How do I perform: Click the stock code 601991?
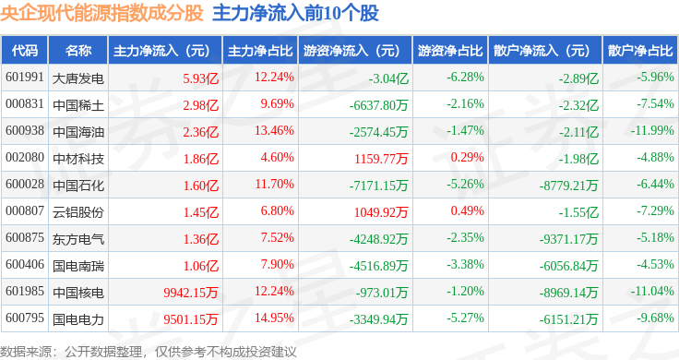(x=25, y=78)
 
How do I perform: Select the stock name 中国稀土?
(x=78, y=105)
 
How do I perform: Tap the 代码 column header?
(x=25, y=51)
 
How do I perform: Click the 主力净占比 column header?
(x=260, y=51)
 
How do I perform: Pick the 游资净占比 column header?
(x=450, y=51)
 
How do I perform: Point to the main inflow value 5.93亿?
(x=200, y=78)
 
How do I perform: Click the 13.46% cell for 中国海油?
(x=274, y=130)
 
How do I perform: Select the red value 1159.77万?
(x=381, y=159)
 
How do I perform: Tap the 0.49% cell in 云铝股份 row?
(x=467, y=210)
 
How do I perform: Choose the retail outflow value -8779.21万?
(x=568, y=186)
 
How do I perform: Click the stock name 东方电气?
(x=78, y=239)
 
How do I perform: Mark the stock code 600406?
(x=25, y=264)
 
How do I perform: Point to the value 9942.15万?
(x=191, y=293)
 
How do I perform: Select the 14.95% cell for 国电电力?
(x=274, y=318)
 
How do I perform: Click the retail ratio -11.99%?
(x=652, y=130)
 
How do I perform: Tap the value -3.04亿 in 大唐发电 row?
(x=388, y=78)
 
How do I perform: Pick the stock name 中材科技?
(x=78, y=159)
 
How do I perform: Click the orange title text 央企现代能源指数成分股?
(x=101, y=13)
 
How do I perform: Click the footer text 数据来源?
(x=26, y=352)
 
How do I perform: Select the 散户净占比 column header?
(x=640, y=51)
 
